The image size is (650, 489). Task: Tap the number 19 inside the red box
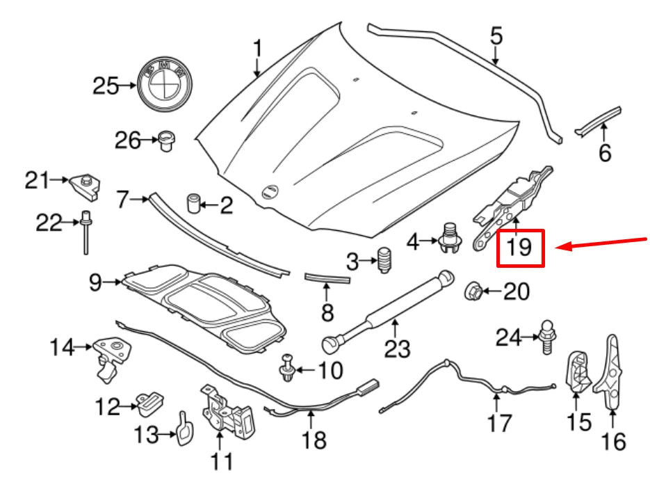(x=520, y=248)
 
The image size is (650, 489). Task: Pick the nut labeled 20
(x=473, y=290)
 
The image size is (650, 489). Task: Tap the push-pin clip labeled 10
(x=288, y=367)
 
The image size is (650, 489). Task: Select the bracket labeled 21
(x=84, y=185)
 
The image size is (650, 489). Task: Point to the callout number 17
(x=499, y=422)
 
